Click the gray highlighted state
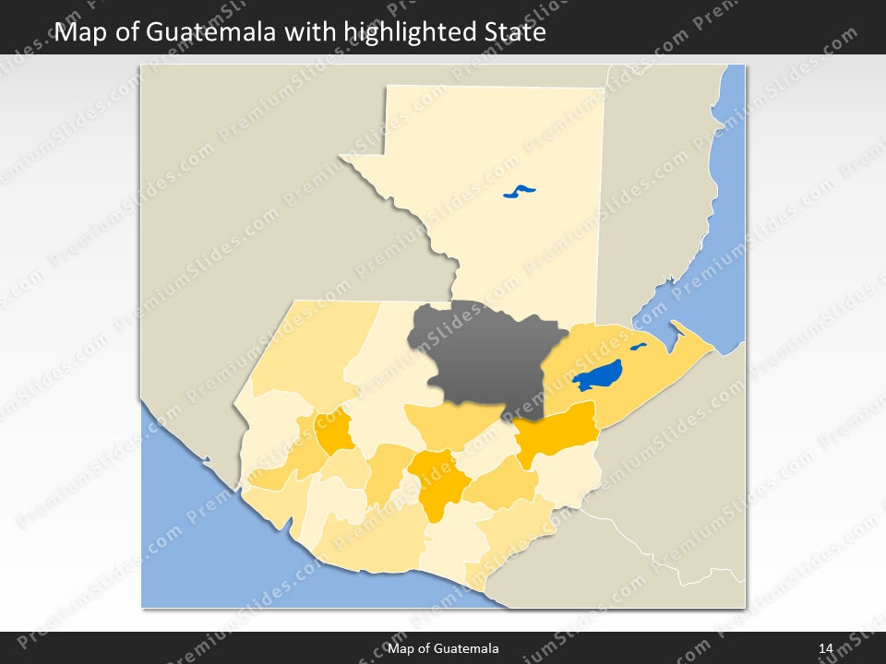coord(485,355)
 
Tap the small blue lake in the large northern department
coord(519,192)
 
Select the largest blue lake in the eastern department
coord(596,375)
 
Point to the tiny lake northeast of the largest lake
coord(638,348)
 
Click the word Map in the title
coord(78,33)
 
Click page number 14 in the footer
coord(826,649)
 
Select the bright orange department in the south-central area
coord(437,480)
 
